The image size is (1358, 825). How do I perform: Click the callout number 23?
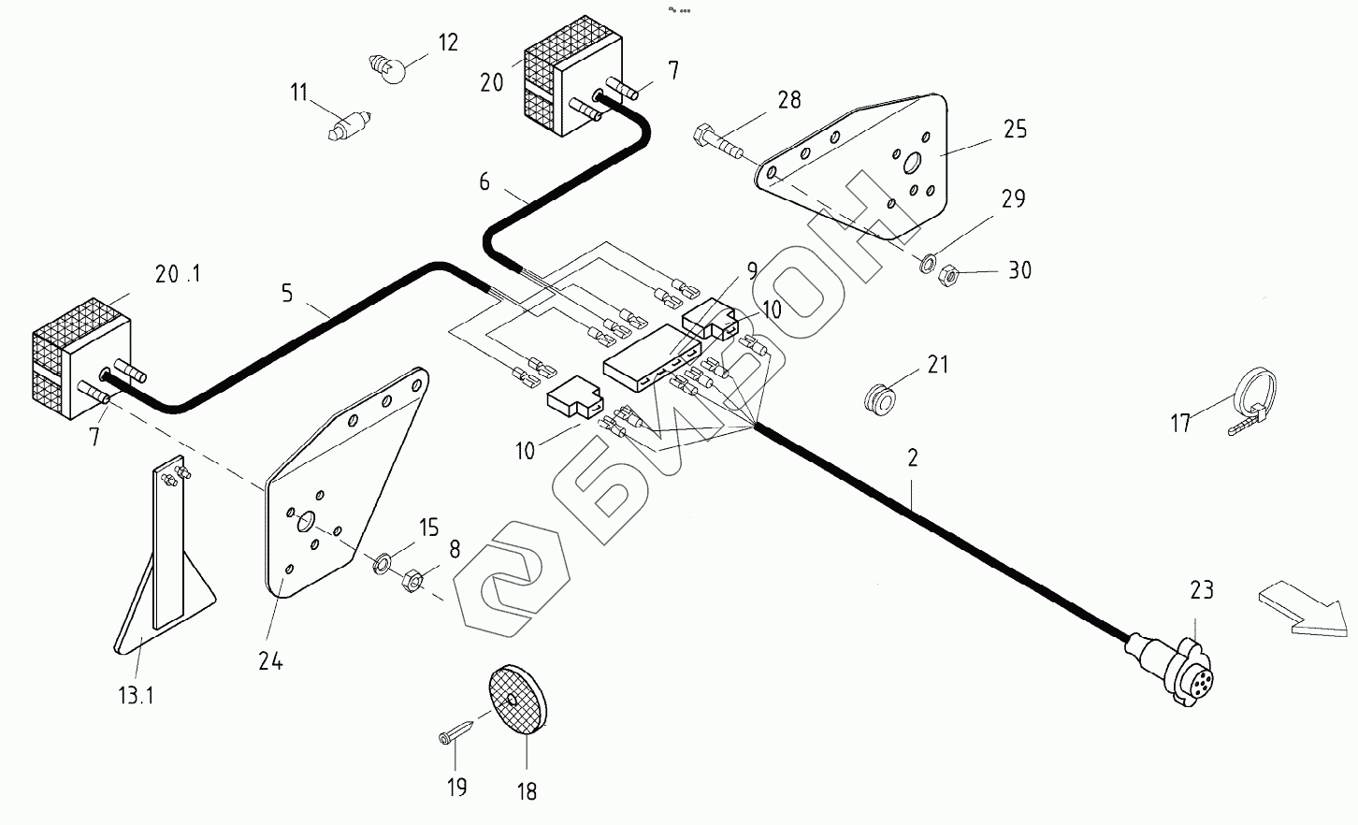(x=1202, y=590)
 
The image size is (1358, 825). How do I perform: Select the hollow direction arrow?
(x=1304, y=609)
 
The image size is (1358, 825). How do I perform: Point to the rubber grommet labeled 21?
(x=880, y=398)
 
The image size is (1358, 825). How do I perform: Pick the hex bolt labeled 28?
(x=717, y=140)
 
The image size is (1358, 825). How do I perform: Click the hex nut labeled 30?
(x=947, y=276)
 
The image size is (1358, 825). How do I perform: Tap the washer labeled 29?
(x=928, y=264)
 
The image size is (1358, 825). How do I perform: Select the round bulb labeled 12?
(x=387, y=68)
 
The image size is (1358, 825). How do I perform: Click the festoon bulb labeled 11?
(x=349, y=126)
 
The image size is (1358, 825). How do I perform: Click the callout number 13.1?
(x=136, y=695)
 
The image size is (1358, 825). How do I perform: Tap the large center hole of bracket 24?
(x=306, y=521)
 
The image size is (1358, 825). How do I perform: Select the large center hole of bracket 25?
(x=912, y=163)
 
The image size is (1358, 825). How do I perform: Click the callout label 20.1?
(x=177, y=275)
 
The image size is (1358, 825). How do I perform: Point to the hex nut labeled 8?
(x=412, y=580)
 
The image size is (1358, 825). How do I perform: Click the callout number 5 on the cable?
(x=287, y=294)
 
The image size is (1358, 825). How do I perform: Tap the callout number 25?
(x=1015, y=129)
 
